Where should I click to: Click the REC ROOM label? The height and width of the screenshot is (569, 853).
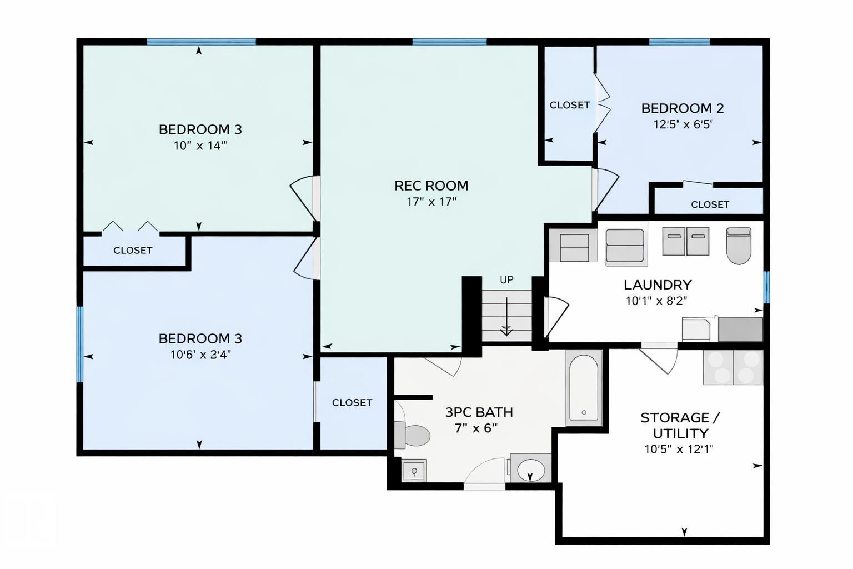431,186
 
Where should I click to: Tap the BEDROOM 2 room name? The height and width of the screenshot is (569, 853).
682,108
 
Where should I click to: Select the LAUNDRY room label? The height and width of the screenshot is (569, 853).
657,285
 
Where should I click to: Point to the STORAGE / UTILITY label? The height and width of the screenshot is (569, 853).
680,426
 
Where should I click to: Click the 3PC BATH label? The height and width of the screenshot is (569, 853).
479,412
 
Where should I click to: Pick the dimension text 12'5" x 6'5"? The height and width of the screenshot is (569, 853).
682,124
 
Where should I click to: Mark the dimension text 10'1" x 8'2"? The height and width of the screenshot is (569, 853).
656,301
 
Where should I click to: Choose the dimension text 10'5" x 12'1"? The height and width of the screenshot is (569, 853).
678,450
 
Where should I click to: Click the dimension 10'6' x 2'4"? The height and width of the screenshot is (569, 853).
200,355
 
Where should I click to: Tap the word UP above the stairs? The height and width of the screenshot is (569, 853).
506,280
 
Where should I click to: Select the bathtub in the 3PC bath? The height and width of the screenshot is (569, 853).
584,387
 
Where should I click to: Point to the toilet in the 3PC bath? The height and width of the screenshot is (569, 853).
413,435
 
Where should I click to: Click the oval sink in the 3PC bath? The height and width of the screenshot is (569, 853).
531,470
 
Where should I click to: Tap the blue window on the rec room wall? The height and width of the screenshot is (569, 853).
449,42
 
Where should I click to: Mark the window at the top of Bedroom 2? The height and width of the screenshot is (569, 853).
679,42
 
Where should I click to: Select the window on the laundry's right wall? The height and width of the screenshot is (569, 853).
766,287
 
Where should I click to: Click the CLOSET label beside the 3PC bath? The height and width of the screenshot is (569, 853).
352,402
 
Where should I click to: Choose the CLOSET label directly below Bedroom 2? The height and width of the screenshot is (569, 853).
710,204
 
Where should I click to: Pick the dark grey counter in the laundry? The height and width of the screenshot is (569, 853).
740,330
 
